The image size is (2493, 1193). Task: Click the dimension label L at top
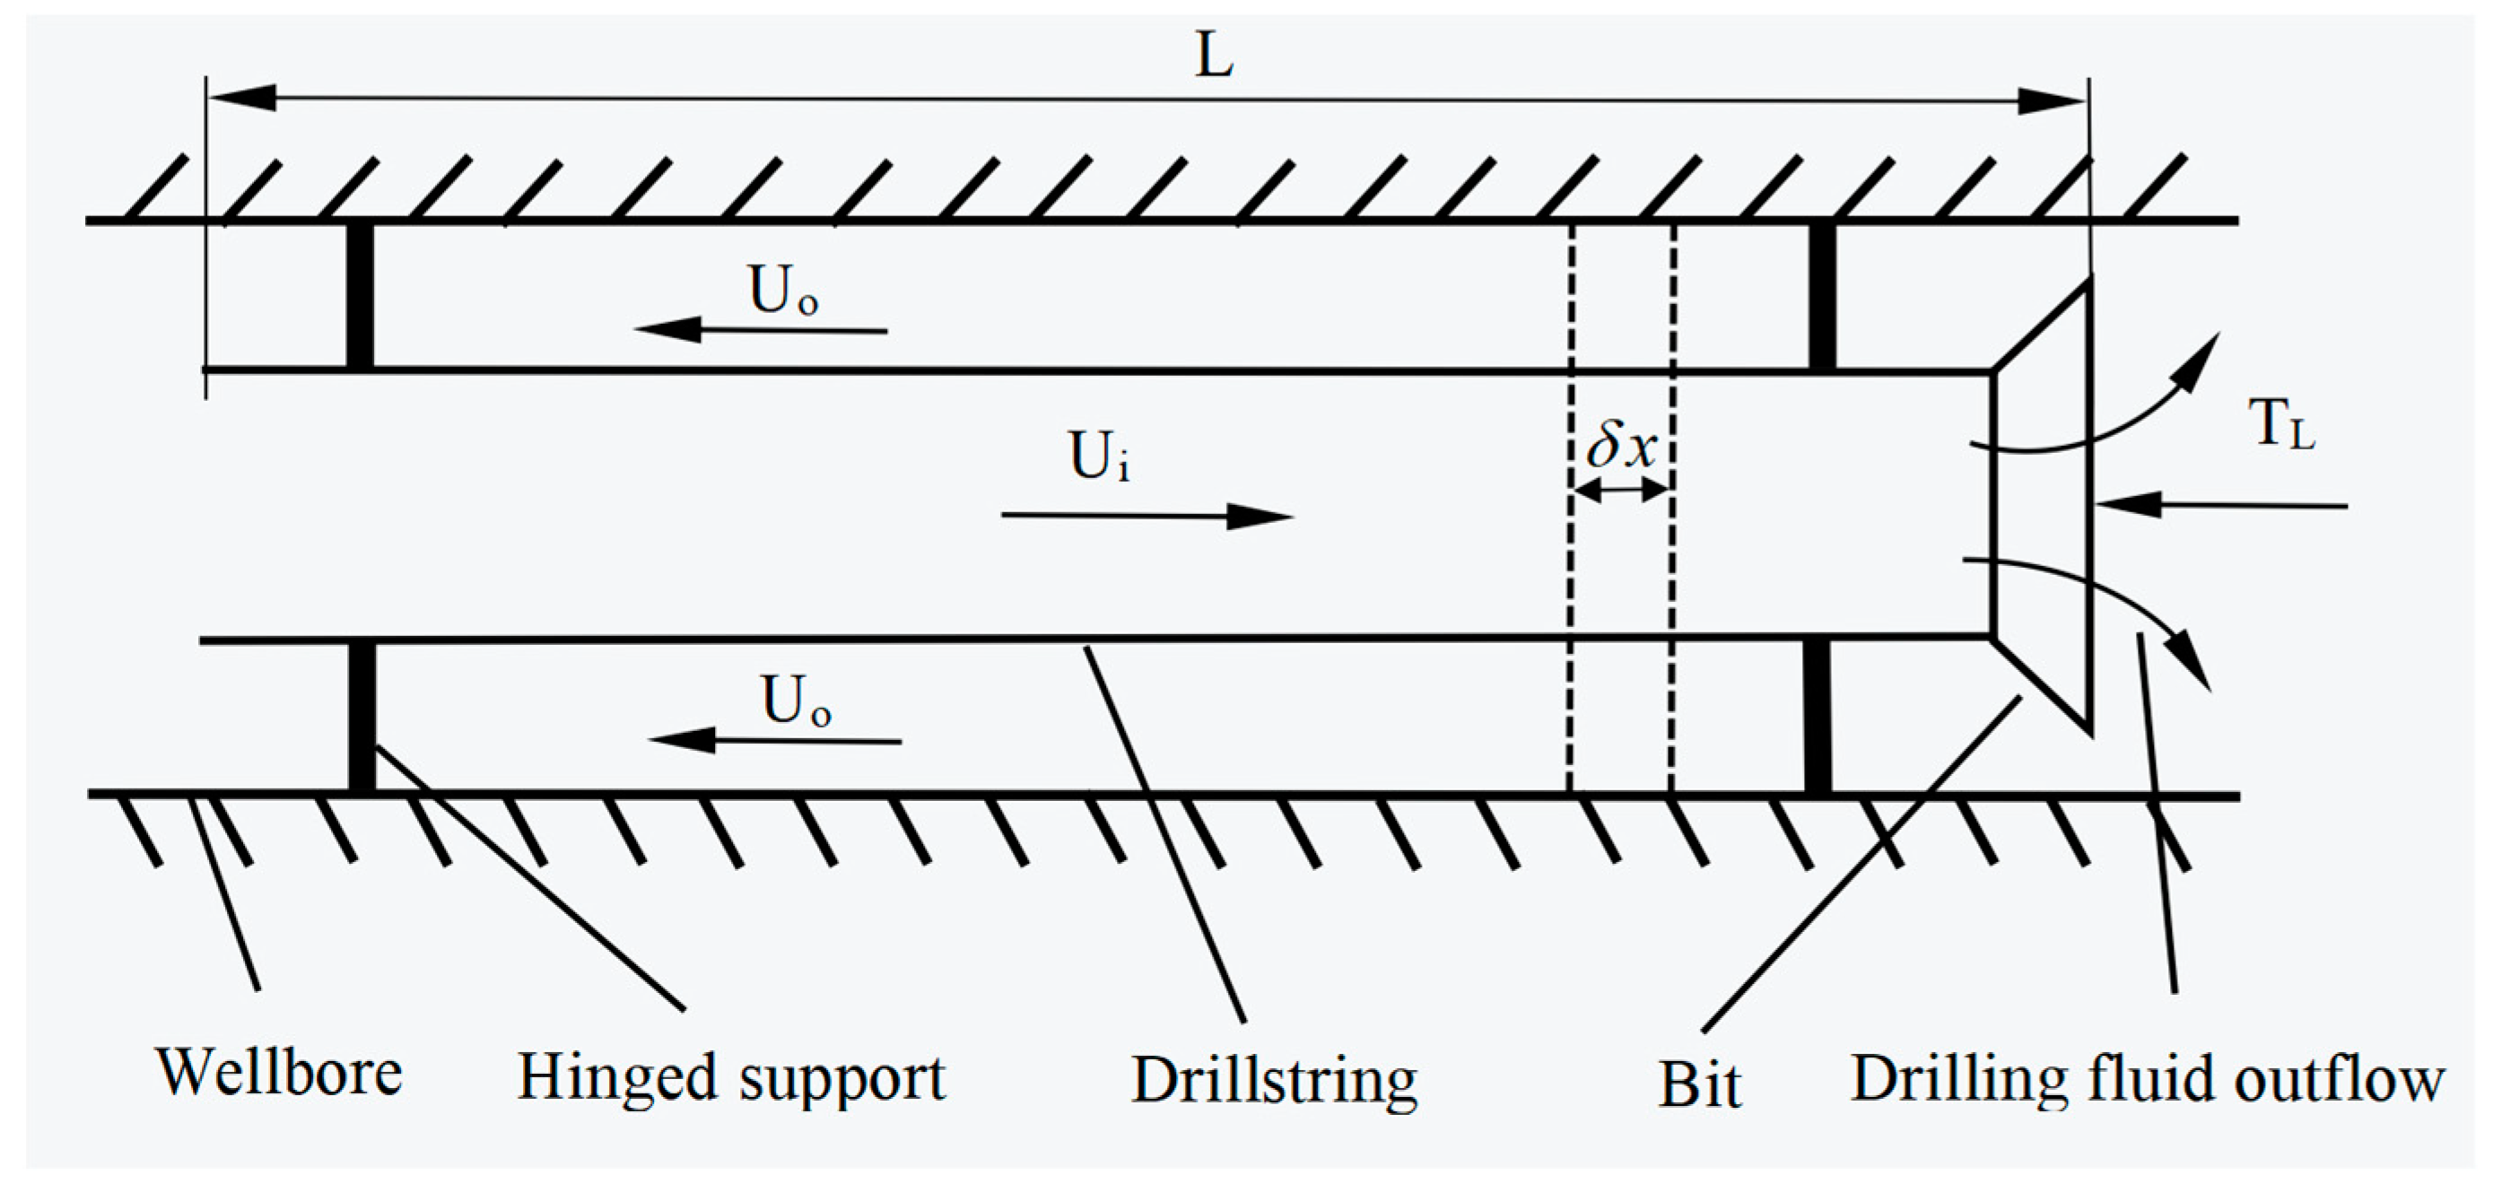coord(1214,57)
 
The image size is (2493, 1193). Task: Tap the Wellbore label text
coord(279,1072)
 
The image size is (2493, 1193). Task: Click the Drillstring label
coord(1275,1080)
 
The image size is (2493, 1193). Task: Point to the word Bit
coord(1699,1084)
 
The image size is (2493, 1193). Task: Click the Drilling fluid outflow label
coord(2147,1078)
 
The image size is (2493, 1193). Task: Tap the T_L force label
coord(2281,425)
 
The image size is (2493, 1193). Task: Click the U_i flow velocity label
coord(1098,456)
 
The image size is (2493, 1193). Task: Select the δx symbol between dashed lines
coord(1621,447)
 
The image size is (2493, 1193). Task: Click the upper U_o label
coord(783,290)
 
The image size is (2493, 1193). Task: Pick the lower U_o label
coord(796,700)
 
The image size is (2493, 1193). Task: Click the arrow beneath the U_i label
coord(1146,516)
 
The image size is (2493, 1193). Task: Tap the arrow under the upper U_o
coord(761,330)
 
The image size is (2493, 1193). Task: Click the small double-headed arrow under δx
coord(1622,492)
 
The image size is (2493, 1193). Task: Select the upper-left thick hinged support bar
coord(360,295)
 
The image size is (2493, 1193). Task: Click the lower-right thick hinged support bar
coord(1817,716)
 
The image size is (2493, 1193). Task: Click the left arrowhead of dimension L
coord(242,98)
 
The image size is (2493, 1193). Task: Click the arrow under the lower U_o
coord(774,741)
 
